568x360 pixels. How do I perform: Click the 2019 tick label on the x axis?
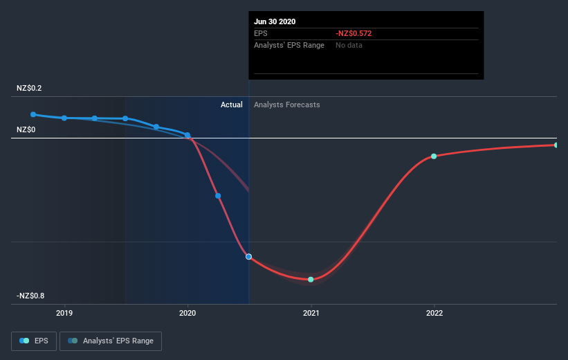pos(64,312)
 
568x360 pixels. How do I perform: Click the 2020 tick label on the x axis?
pos(187,312)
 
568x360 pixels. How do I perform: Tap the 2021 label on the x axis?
pos(311,312)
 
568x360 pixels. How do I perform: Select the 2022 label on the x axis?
pos(434,312)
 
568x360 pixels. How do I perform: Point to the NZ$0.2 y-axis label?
pos(29,89)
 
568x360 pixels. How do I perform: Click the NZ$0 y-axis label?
pos(26,129)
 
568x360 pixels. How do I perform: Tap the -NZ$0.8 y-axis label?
pos(30,296)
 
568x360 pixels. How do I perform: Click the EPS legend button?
pos(34,341)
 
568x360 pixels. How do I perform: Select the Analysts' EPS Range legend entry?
pos(111,341)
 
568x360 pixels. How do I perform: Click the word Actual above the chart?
pos(231,105)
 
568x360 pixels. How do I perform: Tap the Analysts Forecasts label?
pos(286,105)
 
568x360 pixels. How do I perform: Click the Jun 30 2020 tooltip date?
pos(275,21)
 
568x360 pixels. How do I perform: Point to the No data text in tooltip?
pos(349,45)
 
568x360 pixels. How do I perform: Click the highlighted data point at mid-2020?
pos(248,257)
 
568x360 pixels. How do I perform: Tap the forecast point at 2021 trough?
pos(311,280)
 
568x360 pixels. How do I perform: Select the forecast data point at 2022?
pos(434,156)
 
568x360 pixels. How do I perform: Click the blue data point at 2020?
pos(187,136)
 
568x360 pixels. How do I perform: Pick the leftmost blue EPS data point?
pos(33,114)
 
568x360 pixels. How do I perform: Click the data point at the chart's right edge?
pos(556,145)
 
